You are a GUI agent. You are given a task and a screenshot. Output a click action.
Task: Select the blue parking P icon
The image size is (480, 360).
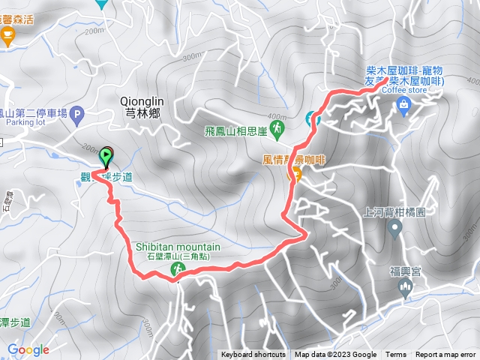click(x=79, y=115)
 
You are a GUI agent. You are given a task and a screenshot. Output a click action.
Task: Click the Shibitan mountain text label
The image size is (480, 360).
click(x=178, y=247)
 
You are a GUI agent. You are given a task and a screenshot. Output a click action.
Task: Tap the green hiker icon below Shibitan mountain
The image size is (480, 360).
click(x=178, y=268)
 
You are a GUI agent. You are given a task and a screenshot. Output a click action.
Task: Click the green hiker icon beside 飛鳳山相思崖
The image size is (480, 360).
click(x=277, y=130)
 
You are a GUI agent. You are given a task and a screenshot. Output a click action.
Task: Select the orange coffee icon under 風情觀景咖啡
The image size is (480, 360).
click(x=295, y=175)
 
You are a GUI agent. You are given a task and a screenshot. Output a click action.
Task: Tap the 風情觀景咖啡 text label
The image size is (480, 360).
click(x=292, y=160)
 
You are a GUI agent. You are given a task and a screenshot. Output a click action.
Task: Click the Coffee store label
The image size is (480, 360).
click(x=404, y=91)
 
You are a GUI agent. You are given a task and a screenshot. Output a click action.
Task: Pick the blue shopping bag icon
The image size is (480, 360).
click(x=404, y=104)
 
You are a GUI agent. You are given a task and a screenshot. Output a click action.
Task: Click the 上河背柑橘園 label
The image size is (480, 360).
click(x=394, y=212)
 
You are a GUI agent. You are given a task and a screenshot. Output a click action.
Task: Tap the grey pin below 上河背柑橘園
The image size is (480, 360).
click(x=395, y=228)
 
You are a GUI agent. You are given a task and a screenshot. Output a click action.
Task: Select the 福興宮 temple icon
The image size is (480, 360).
click(x=406, y=286)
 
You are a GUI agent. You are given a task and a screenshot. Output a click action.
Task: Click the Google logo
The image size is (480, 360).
click(x=28, y=349)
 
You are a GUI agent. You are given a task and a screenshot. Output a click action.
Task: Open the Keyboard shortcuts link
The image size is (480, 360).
click(x=253, y=355)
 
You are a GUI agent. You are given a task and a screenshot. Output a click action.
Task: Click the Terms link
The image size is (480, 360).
click(x=396, y=355)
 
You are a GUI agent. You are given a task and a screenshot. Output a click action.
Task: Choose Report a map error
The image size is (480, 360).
click(x=445, y=355)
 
